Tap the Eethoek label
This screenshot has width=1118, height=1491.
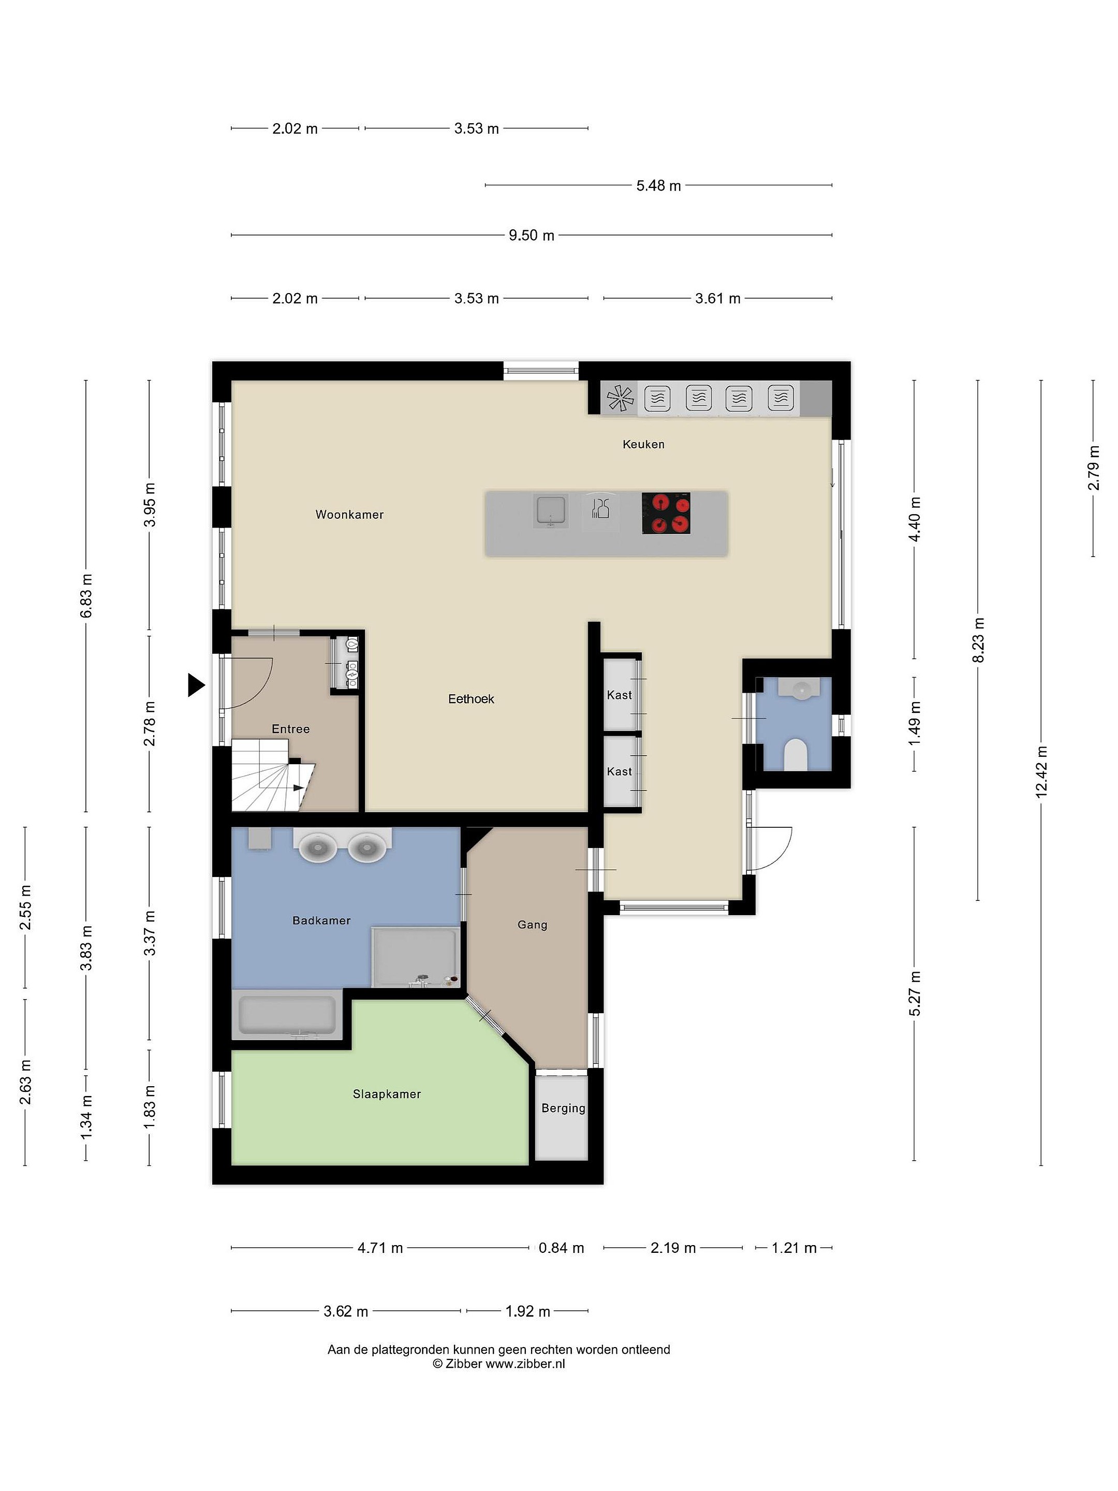pyautogui.click(x=471, y=699)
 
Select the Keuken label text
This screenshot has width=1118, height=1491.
pyautogui.click(x=643, y=444)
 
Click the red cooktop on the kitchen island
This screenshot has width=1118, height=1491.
pyautogui.click(x=666, y=514)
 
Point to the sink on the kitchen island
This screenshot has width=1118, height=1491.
pyautogui.click(x=551, y=510)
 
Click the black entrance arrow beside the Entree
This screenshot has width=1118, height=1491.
pyautogui.click(x=196, y=685)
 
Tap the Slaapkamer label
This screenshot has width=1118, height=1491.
pyautogui.click(x=387, y=1094)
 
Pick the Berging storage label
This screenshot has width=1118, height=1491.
pyautogui.click(x=563, y=1108)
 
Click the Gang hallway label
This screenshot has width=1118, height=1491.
pyautogui.click(x=533, y=925)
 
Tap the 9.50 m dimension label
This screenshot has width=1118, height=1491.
pyautogui.click(x=532, y=235)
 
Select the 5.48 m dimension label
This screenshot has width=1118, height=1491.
pyautogui.click(x=658, y=185)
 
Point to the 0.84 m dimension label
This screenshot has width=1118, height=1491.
pyautogui.click(x=562, y=1248)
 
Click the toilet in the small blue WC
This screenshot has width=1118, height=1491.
pyautogui.click(x=796, y=754)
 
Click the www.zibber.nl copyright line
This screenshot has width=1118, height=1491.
pyautogui.click(x=498, y=1364)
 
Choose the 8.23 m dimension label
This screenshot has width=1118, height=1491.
pyautogui.click(x=978, y=640)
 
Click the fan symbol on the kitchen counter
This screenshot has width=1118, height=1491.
pyautogui.click(x=621, y=398)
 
